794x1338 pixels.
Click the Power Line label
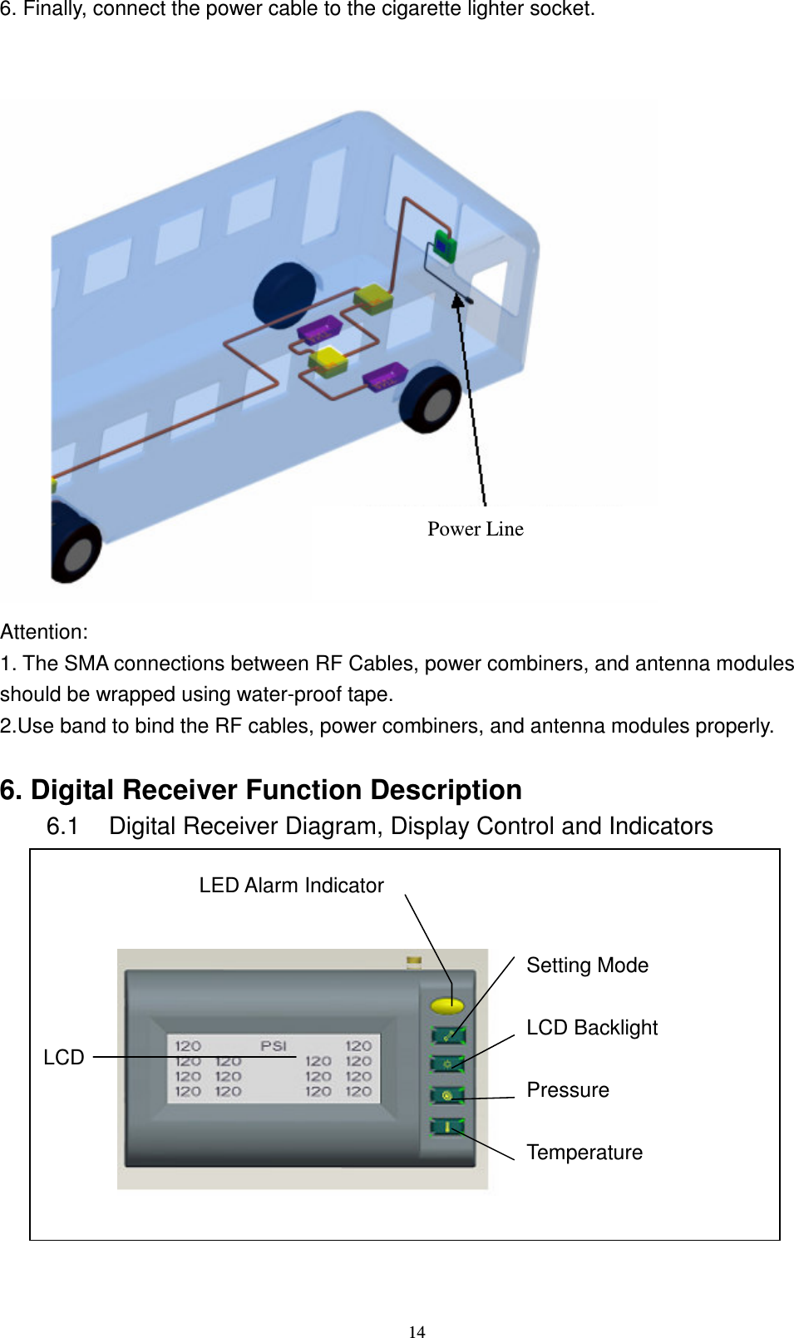(x=475, y=529)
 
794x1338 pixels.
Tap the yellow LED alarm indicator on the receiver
(x=447, y=1005)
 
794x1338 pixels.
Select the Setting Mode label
(x=587, y=965)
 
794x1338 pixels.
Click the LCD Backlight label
(x=591, y=1028)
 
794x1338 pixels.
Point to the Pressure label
(x=567, y=1090)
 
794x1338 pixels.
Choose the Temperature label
(x=584, y=1153)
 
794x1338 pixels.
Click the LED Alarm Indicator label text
(x=291, y=886)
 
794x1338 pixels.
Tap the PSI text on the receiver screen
(x=273, y=1046)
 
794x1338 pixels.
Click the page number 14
(x=417, y=1332)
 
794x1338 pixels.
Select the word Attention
(x=43, y=632)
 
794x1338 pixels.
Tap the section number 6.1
(x=62, y=827)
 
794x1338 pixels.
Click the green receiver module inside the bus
(x=445, y=245)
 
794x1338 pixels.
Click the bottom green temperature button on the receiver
(x=447, y=1127)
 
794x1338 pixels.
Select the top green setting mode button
(x=447, y=1035)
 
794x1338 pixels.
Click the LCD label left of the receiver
(x=63, y=1058)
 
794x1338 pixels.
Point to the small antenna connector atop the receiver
(x=414, y=962)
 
